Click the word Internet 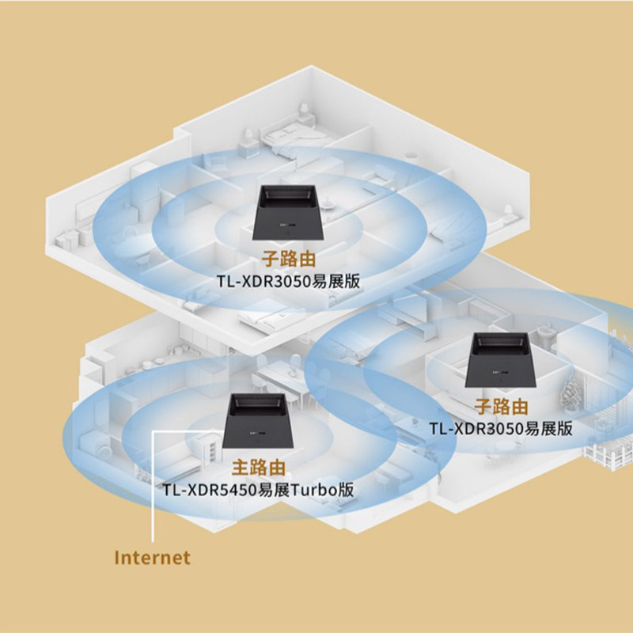pyautogui.click(x=153, y=557)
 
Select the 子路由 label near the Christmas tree pyautogui.click(x=500, y=407)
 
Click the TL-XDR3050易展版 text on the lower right pyautogui.click(x=500, y=429)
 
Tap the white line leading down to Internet pyautogui.click(x=152, y=491)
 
